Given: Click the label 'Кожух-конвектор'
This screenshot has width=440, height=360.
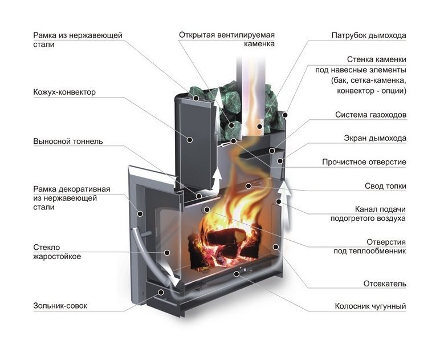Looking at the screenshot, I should click(64, 92).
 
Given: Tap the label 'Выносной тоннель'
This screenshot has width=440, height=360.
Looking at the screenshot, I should click(67, 141).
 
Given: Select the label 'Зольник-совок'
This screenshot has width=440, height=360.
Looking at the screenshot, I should click(61, 306).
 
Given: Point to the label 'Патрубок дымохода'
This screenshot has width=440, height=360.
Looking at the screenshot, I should click(369, 35).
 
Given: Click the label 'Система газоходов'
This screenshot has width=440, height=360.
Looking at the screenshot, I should click(370, 115).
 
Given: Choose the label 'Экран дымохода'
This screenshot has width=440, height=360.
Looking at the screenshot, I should click(378, 138).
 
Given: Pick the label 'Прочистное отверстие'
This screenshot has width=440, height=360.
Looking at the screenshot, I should click(364, 162).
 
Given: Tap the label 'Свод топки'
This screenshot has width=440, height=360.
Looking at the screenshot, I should click(385, 186).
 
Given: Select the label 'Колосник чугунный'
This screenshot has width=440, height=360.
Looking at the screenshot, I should click(370, 306).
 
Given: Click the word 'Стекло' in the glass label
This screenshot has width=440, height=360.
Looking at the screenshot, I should click(46, 246).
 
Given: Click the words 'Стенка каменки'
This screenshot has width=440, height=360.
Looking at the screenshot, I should click(377, 59).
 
